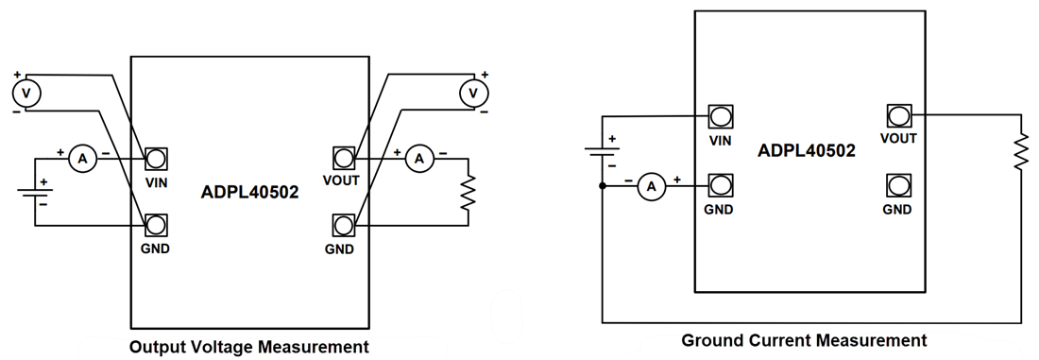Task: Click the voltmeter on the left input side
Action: (26, 93)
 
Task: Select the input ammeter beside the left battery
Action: (82, 160)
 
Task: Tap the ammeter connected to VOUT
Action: (418, 160)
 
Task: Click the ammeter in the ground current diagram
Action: (650, 187)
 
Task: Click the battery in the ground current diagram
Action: (603, 151)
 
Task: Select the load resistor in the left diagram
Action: (468, 192)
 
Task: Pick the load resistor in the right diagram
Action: (1020, 151)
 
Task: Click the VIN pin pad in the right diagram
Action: (721, 116)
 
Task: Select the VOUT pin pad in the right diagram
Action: (898, 116)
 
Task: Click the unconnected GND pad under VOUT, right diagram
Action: (898, 185)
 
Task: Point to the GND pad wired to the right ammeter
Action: (721, 185)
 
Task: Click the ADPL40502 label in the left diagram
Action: (249, 192)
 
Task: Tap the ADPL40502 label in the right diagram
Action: (807, 150)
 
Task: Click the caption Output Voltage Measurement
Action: (248, 347)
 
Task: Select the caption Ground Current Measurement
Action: (804, 340)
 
